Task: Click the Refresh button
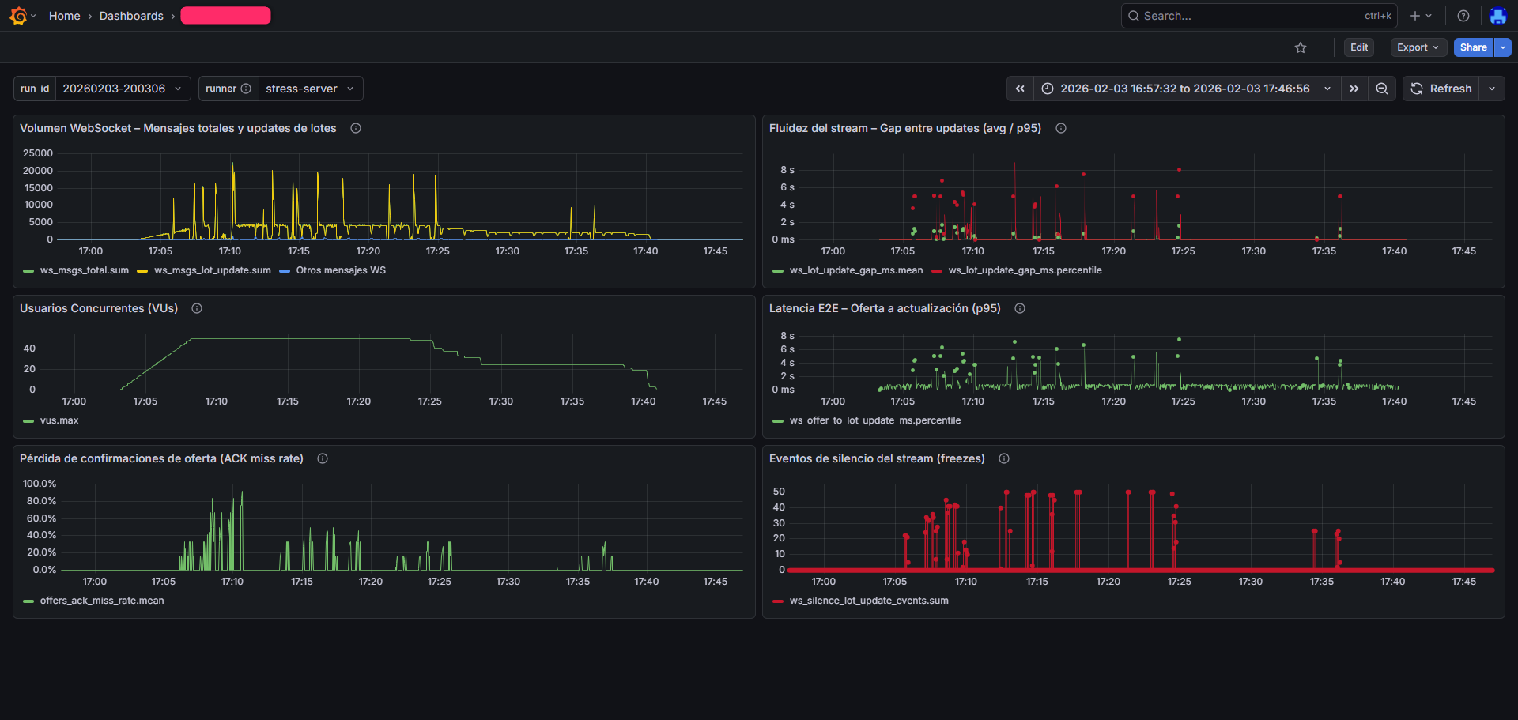[x=1441, y=89]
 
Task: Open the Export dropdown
[x=1418, y=47]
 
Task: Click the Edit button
[x=1358, y=47]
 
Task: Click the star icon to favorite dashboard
[x=1301, y=47]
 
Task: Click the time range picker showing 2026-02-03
[x=1184, y=89]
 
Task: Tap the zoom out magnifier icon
[x=1381, y=89]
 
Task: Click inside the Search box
[x=1249, y=16]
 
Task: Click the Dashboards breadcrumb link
[x=131, y=16]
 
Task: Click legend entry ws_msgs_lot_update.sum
[x=212, y=270]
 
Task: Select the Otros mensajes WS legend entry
[x=341, y=270]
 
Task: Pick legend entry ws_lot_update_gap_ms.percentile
[x=1025, y=270]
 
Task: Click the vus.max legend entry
[x=59, y=420]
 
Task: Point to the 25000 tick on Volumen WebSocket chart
[x=38, y=153]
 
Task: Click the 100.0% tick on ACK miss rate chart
[x=40, y=484]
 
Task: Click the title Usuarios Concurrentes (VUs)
[x=99, y=308]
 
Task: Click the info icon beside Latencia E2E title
[x=1020, y=308]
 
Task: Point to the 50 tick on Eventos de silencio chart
[x=779, y=492]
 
